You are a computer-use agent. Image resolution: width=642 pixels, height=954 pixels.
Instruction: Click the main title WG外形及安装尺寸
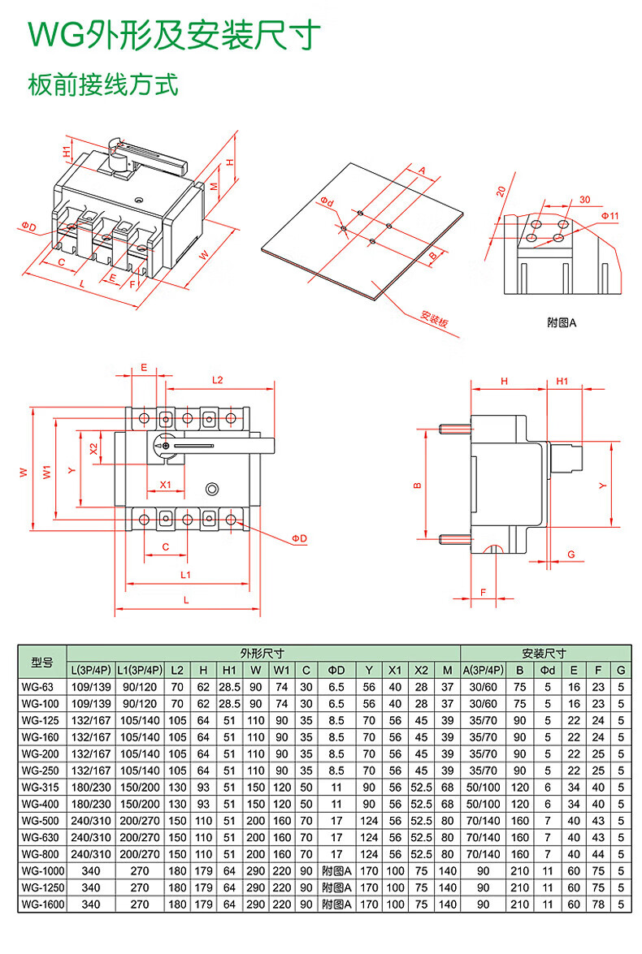coord(174,35)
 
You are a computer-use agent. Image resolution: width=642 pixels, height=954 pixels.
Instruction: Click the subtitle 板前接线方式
coord(103,84)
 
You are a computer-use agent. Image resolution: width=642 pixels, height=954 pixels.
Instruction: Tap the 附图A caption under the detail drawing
coord(561,322)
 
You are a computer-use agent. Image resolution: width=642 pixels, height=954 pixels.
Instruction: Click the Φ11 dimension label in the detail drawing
coord(609,215)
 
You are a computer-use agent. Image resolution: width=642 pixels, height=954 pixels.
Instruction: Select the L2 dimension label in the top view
coord(218,380)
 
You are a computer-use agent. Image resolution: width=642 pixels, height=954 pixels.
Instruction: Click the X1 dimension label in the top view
coord(165,484)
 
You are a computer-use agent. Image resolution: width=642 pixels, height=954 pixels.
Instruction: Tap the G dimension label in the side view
coord(571,555)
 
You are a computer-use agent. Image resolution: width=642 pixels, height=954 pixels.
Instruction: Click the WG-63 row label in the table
coord(37,687)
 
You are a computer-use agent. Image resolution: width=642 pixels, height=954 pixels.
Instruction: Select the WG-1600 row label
coord(42,904)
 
